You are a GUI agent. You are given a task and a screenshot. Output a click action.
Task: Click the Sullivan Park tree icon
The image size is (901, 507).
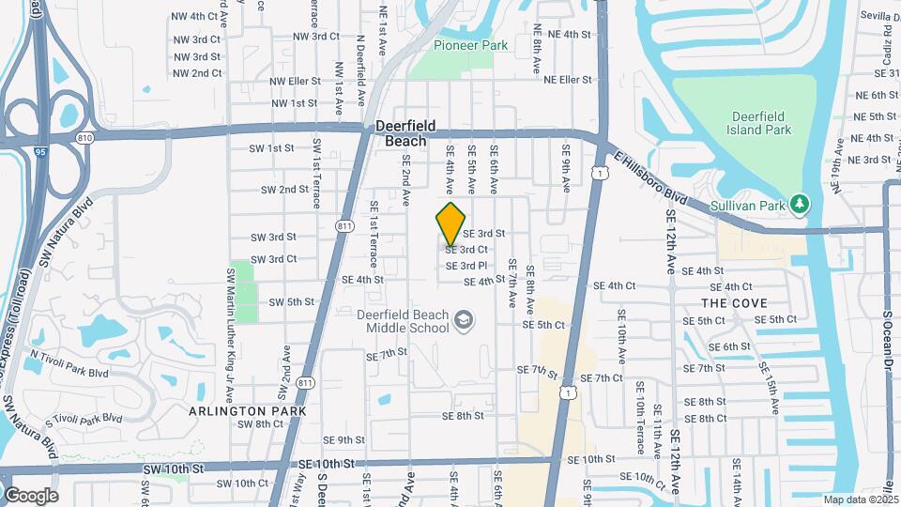tap(799, 203)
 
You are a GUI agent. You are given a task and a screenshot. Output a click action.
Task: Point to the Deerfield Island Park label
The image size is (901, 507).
tap(762, 122)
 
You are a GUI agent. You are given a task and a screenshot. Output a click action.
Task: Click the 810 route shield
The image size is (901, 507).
tap(86, 138)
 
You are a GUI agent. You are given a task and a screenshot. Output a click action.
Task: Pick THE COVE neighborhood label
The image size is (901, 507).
tap(734, 303)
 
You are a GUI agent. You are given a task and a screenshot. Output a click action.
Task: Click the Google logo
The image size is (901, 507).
tap(31, 495)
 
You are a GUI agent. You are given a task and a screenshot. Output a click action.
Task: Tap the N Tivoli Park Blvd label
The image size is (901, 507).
tap(69, 364)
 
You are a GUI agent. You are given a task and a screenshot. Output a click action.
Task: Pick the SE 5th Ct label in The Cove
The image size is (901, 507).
tap(775, 319)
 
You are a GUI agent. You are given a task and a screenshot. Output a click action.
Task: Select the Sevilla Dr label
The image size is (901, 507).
tap(877, 17)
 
